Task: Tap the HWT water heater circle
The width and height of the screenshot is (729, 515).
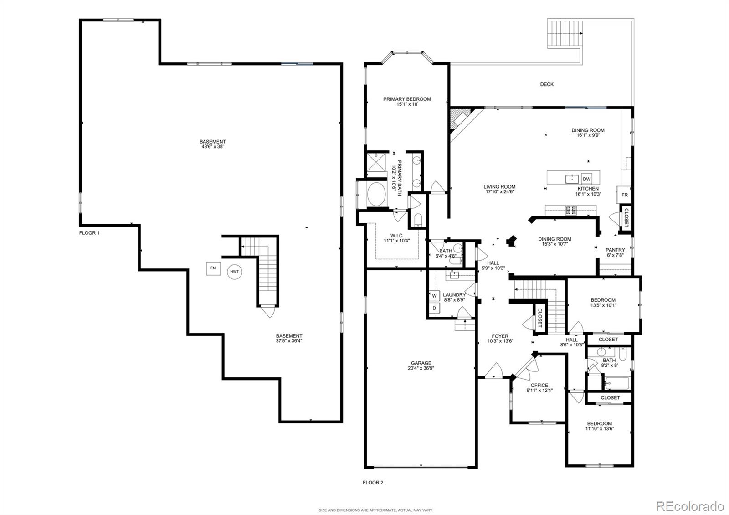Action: pyautogui.click(x=234, y=272)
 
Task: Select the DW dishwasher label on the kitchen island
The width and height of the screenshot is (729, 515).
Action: pyautogui.click(x=587, y=179)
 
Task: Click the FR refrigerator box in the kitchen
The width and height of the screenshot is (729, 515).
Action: pyautogui.click(x=624, y=195)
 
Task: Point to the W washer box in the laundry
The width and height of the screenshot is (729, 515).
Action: pyautogui.click(x=434, y=296)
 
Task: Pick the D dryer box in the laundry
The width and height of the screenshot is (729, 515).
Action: pyautogui.click(x=434, y=309)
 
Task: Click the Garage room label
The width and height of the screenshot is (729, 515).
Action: pyautogui.click(x=421, y=363)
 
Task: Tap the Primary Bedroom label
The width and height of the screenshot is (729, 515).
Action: pyautogui.click(x=407, y=99)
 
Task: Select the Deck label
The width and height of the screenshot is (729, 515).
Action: pyautogui.click(x=547, y=84)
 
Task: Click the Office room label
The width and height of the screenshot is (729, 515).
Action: pyautogui.click(x=539, y=385)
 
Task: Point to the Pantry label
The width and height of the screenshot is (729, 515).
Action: pyautogui.click(x=615, y=250)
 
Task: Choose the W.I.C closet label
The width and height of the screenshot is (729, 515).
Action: pyautogui.click(x=393, y=235)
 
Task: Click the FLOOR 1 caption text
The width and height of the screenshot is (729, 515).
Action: pyautogui.click(x=89, y=233)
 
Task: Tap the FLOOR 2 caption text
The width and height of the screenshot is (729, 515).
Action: pyautogui.click(x=373, y=483)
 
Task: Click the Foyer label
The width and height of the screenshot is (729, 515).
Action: pyautogui.click(x=500, y=336)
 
